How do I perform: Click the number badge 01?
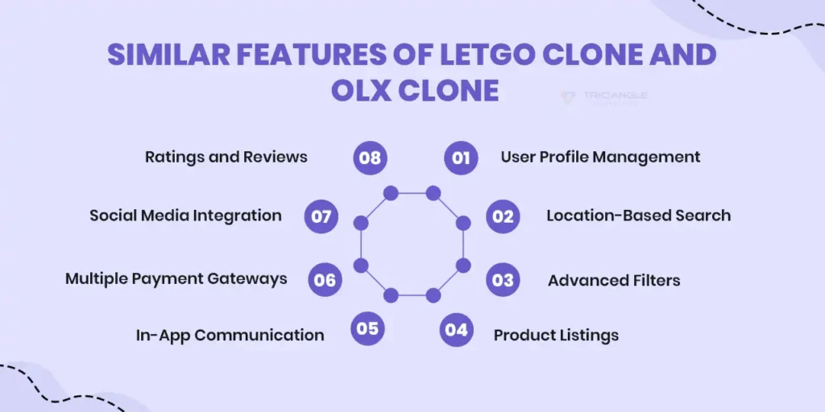coord(461,157)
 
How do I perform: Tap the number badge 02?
coord(503,216)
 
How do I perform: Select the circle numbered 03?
coord(503,280)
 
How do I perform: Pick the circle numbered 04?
coord(456,329)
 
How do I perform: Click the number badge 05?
coord(367,328)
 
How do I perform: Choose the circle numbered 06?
coord(325,280)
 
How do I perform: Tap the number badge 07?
coord(321,216)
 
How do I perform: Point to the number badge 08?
coord(370,157)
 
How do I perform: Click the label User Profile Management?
coord(600,157)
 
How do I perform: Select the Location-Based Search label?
coord(638,216)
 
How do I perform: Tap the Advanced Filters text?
coord(614,281)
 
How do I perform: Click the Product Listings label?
coord(556,335)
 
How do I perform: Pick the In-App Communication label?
coord(230,335)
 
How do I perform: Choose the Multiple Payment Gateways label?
coord(176,278)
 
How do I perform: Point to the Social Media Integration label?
coord(185,216)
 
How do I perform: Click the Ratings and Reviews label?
coord(226,157)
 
